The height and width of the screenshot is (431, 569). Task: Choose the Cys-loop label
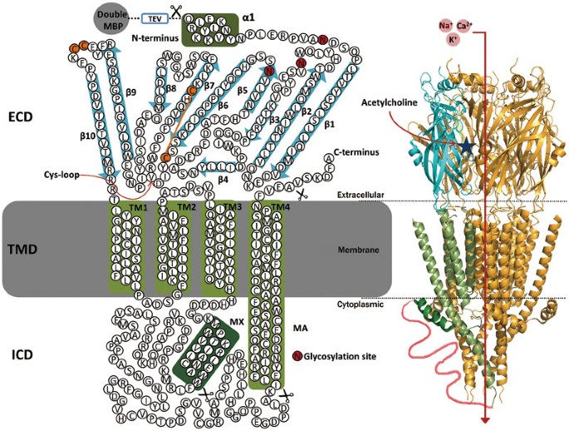54,175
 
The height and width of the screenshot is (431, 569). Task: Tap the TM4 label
280,206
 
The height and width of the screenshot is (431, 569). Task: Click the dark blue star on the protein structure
468,146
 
